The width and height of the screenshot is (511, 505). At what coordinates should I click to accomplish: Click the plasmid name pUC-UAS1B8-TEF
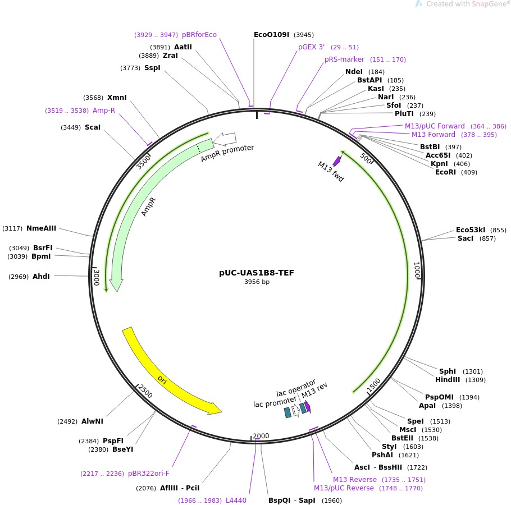[257, 273]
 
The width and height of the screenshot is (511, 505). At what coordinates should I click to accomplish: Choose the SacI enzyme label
[466, 238]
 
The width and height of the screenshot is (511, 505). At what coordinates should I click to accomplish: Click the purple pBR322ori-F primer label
[149, 474]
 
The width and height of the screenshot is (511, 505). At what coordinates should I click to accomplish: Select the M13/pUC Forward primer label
[435, 126]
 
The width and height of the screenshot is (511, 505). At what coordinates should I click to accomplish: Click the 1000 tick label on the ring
[417, 270]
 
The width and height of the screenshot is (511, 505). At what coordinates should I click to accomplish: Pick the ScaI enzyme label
[93, 127]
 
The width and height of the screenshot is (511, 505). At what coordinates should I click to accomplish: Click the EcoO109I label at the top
[271, 35]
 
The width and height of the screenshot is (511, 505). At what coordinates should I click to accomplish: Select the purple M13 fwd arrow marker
[338, 160]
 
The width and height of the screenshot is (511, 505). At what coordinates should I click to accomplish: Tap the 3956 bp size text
[257, 282]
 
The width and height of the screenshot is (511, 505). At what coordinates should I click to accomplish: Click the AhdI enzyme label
[41, 276]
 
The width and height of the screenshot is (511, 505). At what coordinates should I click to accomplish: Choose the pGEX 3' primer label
[312, 47]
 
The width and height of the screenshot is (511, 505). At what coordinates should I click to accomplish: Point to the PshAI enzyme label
[384, 455]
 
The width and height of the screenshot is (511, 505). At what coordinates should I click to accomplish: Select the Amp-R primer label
[104, 111]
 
